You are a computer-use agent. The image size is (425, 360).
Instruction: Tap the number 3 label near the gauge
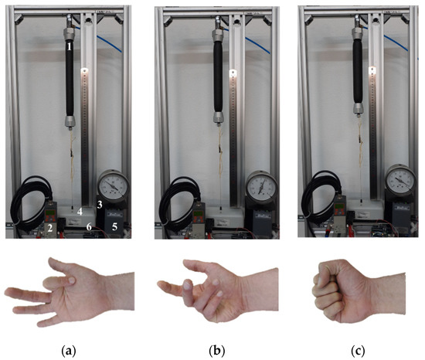[100, 203]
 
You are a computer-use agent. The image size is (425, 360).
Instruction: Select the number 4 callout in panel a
[81, 209]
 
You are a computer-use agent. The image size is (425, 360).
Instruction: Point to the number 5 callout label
[115, 227]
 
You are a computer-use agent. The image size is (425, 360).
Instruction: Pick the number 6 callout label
[89, 226]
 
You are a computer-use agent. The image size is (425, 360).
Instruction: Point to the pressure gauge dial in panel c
[401, 181]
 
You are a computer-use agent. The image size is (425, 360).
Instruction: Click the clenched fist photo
[340, 290]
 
